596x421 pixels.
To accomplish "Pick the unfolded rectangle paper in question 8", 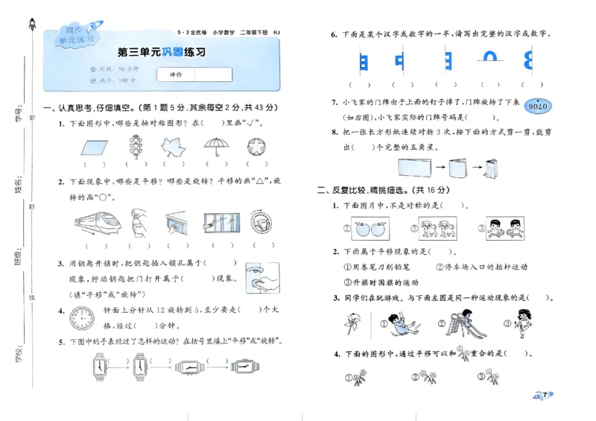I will pyautogui.click(x=412, y=168).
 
